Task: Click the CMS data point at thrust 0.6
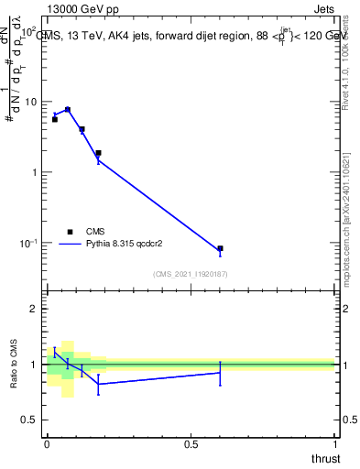[x=220, y=248]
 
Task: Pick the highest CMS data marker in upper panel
[x=68, y=109]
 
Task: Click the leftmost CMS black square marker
[x=55, y=119]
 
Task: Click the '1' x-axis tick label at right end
[x=335, y=444]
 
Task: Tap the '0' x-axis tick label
[x=47, y=444]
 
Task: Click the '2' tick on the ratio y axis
[x=34, y=310]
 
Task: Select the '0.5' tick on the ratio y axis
[x=29, y=420]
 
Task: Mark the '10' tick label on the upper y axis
[x=30, y=102]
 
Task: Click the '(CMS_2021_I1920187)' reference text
[x=190, y=273]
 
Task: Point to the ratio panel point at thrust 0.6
[x=220, y=373]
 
